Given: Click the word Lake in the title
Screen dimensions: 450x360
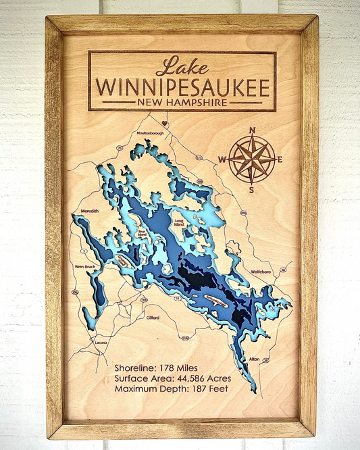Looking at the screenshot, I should click(182, 67).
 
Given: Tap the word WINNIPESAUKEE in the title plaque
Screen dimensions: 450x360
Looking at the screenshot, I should click(182, 87).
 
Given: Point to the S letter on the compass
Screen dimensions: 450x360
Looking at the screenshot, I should click(251, 189).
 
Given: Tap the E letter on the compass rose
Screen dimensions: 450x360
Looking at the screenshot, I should click(280, 160).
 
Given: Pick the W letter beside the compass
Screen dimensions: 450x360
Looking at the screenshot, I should click(222, 160).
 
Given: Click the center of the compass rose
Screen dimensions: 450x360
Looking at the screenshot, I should click(251, 159).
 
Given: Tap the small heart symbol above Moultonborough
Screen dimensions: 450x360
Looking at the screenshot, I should click(164, 124).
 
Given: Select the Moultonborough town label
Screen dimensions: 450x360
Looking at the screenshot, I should click(150, 133).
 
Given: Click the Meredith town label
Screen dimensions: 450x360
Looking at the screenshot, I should click(90, 211).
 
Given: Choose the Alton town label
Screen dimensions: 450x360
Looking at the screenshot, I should click(254, 359).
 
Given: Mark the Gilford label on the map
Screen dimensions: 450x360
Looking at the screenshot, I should click(153, 316).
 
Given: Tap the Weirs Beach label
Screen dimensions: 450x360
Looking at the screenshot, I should click(85, 266).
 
